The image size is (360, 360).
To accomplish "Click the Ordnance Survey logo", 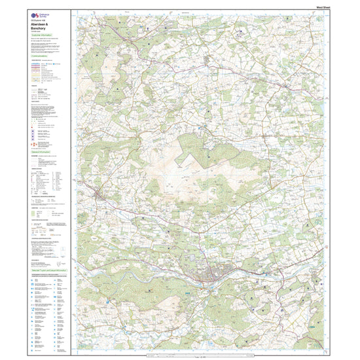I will (x=35, y=13).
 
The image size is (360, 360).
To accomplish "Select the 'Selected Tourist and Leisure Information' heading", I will (x=50, y=269).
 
